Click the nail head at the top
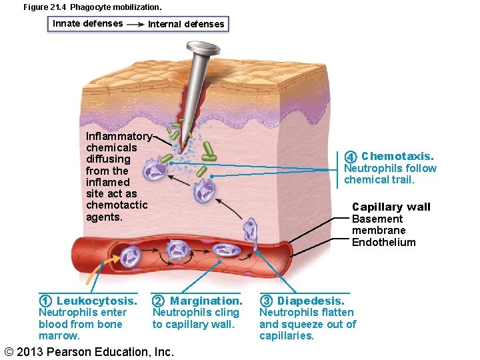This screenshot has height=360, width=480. click(203, 48)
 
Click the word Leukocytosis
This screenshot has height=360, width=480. click(97, 301)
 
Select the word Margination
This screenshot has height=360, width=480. click(206, 301)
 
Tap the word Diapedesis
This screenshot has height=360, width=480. click(311, 301)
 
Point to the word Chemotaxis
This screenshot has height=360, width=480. click(397, 156)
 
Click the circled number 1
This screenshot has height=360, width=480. click(45, 301)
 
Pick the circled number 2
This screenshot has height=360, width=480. click(158, 301)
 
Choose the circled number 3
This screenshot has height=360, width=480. click(266, 301)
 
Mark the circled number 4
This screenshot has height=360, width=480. click(351, 157)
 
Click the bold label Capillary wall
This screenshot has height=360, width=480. click(391, 207)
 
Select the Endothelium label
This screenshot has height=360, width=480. click(383, 242)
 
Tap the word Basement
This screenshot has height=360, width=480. click(377, 219)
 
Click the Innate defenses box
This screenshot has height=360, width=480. click(87, 23)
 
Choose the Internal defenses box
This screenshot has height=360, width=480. click(186, 24)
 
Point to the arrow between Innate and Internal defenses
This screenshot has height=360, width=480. click(135, 24)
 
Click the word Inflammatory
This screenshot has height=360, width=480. click(119, 136)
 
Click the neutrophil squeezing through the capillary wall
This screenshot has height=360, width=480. click(251, 230)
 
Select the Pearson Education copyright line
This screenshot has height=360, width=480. click(89, 351)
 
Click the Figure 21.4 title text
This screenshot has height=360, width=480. click(92, 7)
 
